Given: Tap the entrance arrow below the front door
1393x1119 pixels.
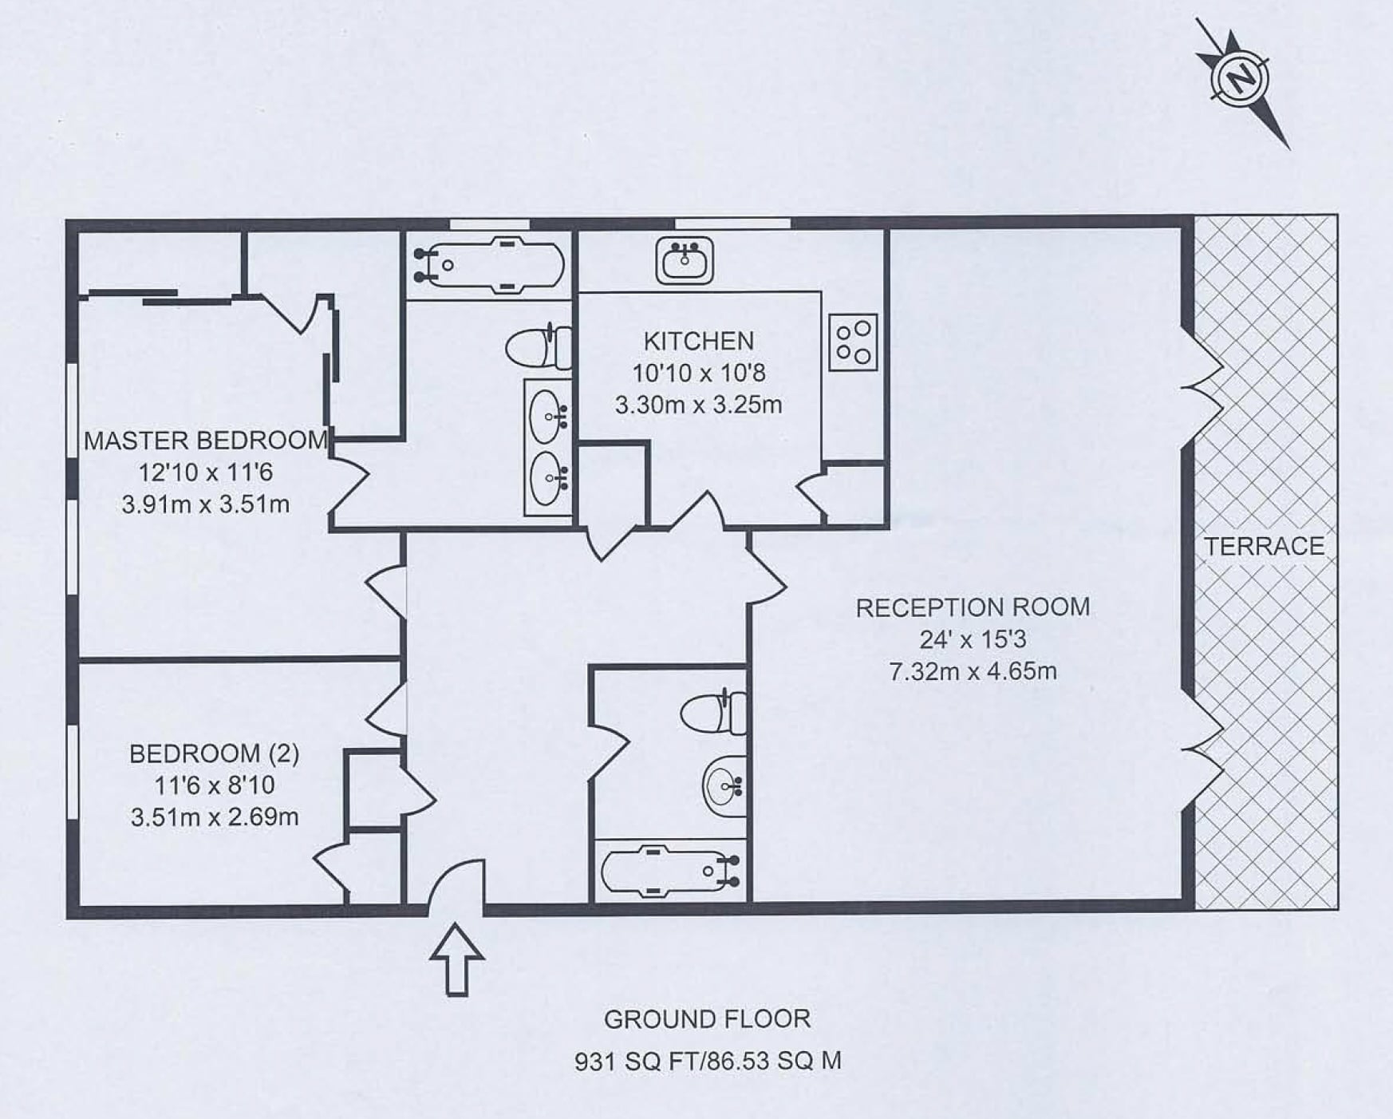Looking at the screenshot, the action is [457, 959].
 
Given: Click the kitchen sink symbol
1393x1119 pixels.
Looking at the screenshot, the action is [685, 260].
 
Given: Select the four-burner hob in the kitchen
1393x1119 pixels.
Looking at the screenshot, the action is [853, 342].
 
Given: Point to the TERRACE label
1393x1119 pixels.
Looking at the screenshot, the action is [1264, 546].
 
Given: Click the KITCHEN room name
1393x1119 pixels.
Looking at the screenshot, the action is [698, 342].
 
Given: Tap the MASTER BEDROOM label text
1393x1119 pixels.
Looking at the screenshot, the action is [206, 441].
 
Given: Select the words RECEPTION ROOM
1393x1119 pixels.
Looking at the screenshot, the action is [973, 607].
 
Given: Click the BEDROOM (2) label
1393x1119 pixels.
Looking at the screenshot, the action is [214, 753].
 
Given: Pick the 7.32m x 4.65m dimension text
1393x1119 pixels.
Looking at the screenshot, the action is [973, 671].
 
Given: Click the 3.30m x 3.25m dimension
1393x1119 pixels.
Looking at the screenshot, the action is [698, 405].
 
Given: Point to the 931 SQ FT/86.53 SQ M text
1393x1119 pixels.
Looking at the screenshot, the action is [708, 1062].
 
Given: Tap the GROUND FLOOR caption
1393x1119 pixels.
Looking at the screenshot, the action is [707, 1019].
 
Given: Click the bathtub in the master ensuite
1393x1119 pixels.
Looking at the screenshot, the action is [489, 264].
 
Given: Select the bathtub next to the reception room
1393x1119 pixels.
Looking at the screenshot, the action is [670, 870].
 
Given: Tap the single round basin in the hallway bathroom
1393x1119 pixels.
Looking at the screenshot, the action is [724, 786].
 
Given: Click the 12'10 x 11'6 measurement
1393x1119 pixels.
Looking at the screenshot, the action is [206, 473].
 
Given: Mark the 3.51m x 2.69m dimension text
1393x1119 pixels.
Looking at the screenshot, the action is [215, 817].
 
